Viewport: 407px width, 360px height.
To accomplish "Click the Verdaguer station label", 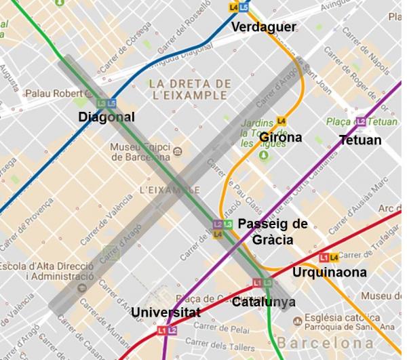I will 264,27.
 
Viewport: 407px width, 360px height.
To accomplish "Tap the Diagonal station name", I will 106,117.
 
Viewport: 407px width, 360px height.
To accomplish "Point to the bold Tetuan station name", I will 360,140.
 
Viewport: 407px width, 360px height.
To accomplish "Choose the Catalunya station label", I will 263,302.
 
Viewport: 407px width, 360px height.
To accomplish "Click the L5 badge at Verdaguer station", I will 244,7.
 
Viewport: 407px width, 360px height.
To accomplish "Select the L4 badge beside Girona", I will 282,121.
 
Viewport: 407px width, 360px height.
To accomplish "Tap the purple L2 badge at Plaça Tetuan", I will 361,122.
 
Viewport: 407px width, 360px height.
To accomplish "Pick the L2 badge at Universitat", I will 172,330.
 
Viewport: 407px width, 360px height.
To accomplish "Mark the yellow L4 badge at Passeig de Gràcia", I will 218,234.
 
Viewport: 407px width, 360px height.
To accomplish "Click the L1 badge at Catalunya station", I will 258,283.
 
